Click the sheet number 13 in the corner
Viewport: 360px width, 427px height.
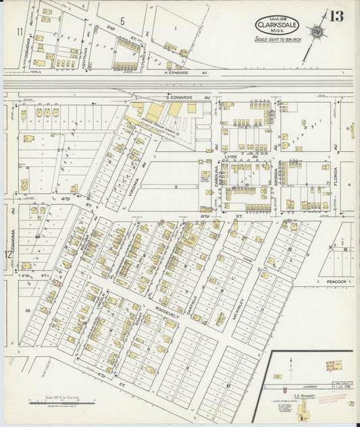[336, 18]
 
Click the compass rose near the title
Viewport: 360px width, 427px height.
[315, 31]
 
